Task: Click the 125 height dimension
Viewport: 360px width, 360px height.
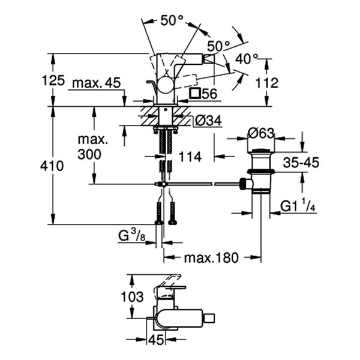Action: (53, 80)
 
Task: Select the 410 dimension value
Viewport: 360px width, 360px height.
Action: (52, 166)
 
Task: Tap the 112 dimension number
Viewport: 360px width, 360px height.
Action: (267, 83)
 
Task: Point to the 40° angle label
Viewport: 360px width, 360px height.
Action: (247, 59)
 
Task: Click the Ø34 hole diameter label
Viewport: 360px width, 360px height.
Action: (208, 121)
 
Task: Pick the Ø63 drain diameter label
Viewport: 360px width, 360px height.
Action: (261, 133)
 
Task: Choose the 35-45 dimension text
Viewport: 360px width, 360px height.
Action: (301, 163)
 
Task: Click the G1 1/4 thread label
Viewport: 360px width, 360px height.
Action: (298, 206)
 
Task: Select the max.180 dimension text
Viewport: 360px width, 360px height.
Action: (211, 257)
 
